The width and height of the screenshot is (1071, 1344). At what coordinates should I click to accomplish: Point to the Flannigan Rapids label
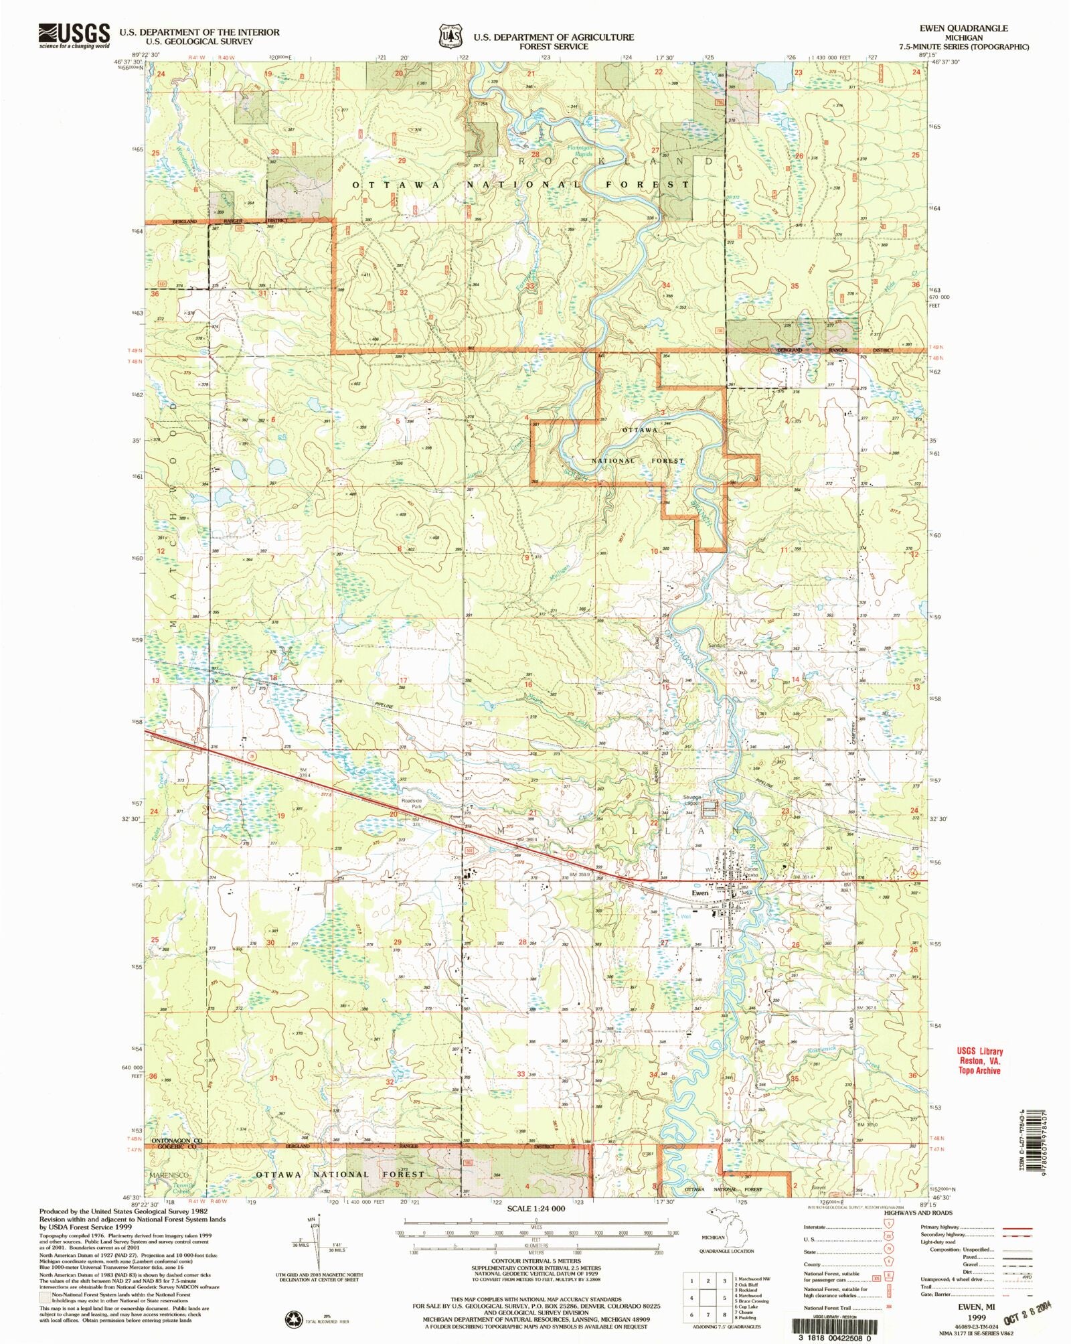point(580,151)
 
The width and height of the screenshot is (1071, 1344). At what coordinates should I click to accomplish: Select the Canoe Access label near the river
point(751,872)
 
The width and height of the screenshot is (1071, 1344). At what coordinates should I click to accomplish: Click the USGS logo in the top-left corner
point(74,35)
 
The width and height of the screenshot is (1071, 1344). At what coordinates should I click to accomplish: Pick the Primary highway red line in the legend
point(1017,1227)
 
